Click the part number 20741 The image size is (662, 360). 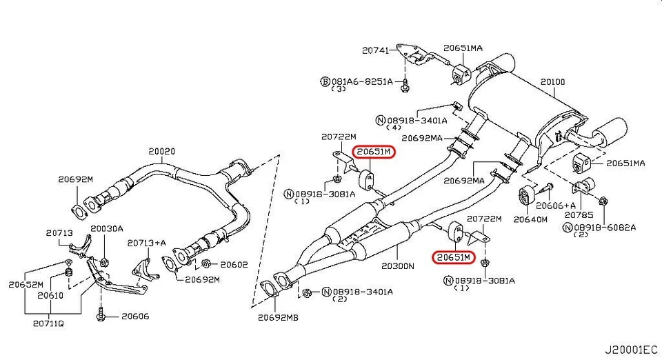click(376, 50)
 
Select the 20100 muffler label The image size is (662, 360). click(552, 82)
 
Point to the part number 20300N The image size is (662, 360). click(397, 265)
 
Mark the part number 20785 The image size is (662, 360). click(577, 214)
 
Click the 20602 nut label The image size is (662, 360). click(232, 263)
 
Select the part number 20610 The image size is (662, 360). click(50, 295)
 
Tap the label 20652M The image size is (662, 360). click(26, 284)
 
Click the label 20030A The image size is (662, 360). click(107, 228)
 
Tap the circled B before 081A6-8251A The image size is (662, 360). click(325, 81)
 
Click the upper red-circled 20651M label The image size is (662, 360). click(373, 152)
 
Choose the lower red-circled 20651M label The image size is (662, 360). click(453, 257)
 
